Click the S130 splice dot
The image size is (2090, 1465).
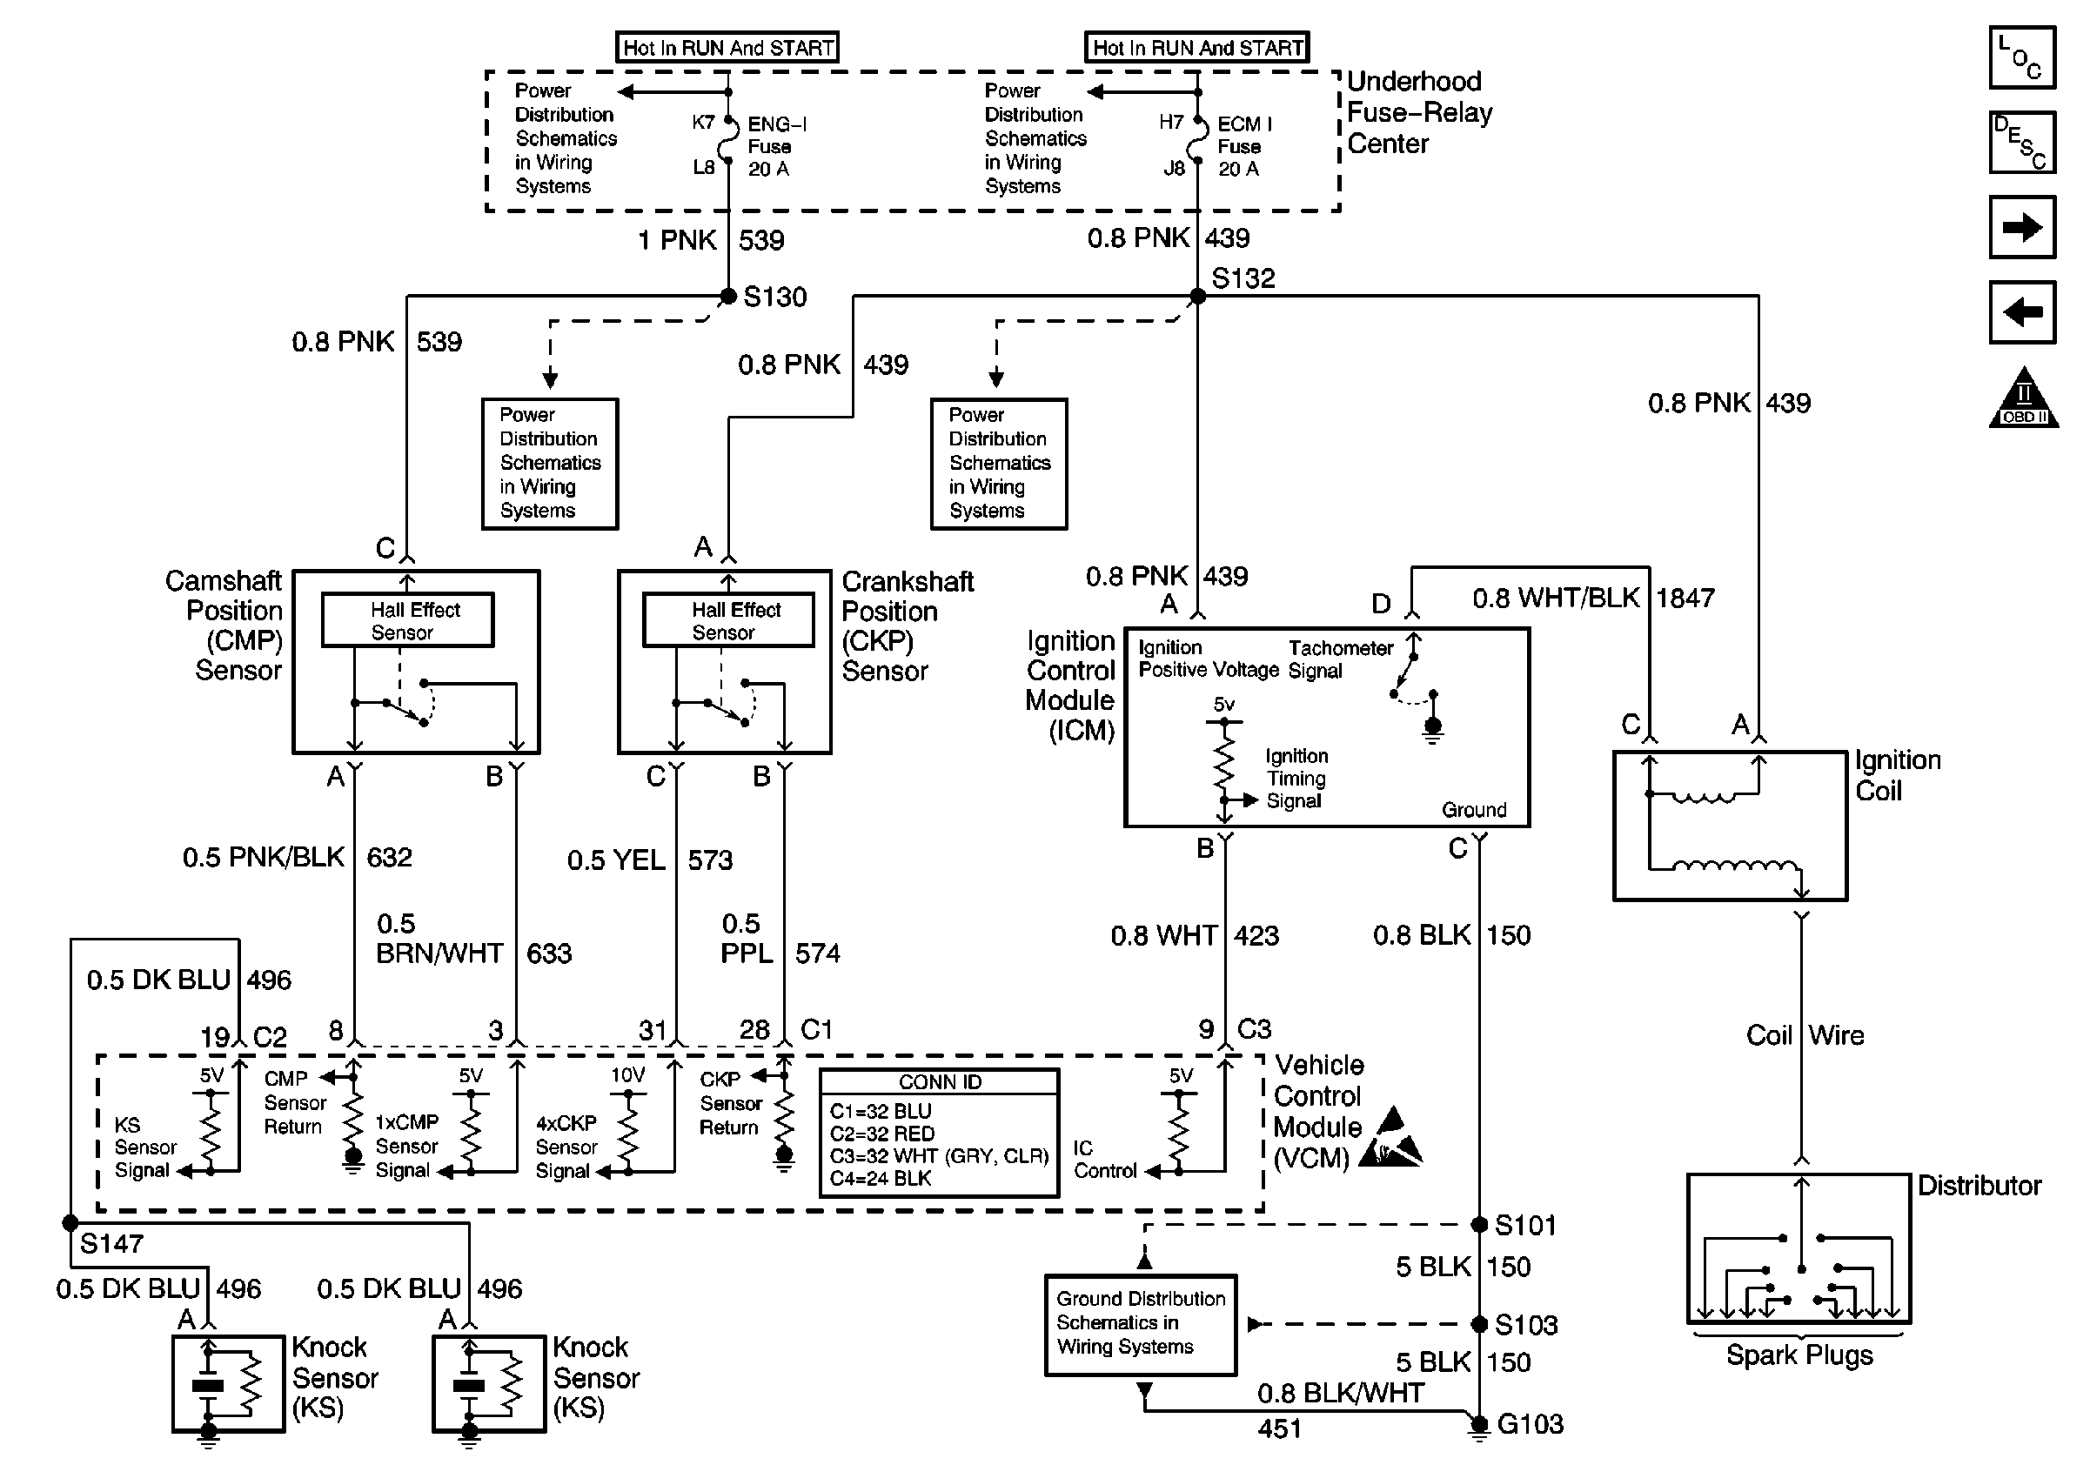point(728,296)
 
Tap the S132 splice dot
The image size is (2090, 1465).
point(1198,296)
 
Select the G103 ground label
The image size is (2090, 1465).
point(1531,1423)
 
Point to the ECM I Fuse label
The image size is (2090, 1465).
point(1244,145)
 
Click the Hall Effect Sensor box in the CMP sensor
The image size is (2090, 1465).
point(408,620)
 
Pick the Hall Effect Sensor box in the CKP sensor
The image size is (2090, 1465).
point(728,620)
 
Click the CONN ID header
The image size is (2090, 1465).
point(940,1082)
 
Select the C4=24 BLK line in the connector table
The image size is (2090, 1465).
point(881,1179)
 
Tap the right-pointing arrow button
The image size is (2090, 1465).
point(2022,227)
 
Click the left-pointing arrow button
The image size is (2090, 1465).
point(2022,312)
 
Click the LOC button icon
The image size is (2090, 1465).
point(2022,58)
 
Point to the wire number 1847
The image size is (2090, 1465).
point(1685,598)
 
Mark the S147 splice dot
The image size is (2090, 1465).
point(71,1223)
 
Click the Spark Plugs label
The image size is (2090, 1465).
point(1799,1355)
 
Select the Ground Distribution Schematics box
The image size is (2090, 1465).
point(1141,1324)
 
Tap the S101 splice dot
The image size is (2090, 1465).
point(1479,1225)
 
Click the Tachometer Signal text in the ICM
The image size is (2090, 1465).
point(1340,659)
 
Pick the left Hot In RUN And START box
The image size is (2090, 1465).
point(727,47)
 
